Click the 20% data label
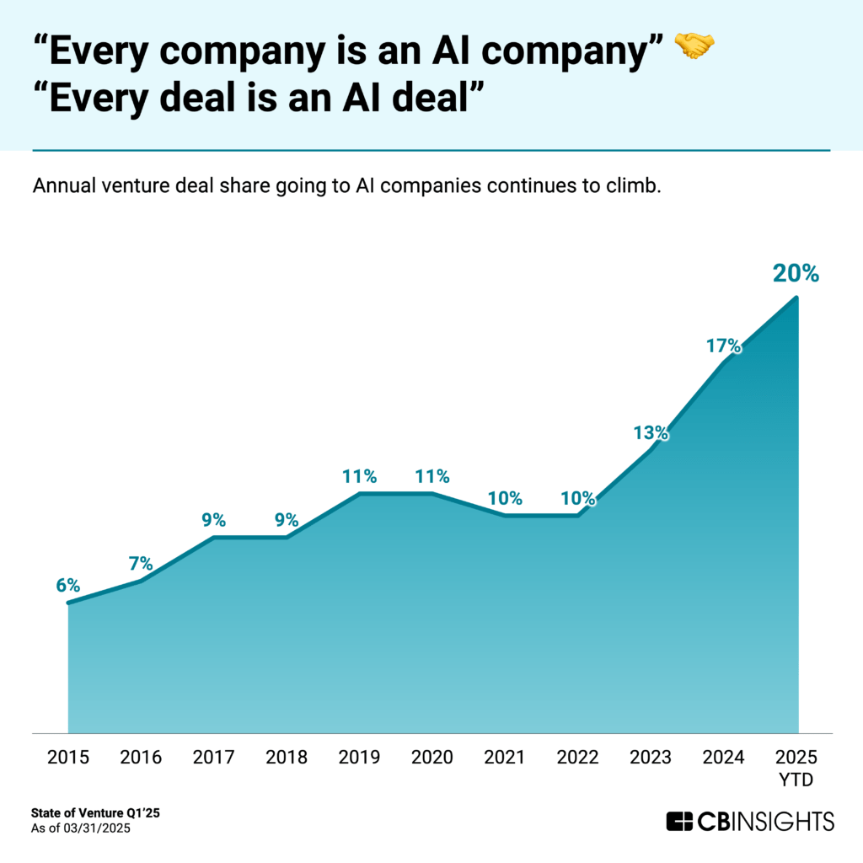pos(796,274)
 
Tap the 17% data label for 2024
pos(723,346)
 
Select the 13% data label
pos(651,433)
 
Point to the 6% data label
pos(67,584)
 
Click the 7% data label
pos(141,562)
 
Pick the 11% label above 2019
pos(359,475)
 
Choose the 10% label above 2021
pos(505,497)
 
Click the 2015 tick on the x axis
pos(67,756)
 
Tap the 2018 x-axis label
pos(287,756)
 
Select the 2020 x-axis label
pos(432,756)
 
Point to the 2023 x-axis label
pos(651,756)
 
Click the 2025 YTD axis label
pos(796,767)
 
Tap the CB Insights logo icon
pos(679,820)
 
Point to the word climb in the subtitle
pos(635,185)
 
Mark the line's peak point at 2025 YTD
pos(796,297)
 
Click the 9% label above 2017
pos(213,519)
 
